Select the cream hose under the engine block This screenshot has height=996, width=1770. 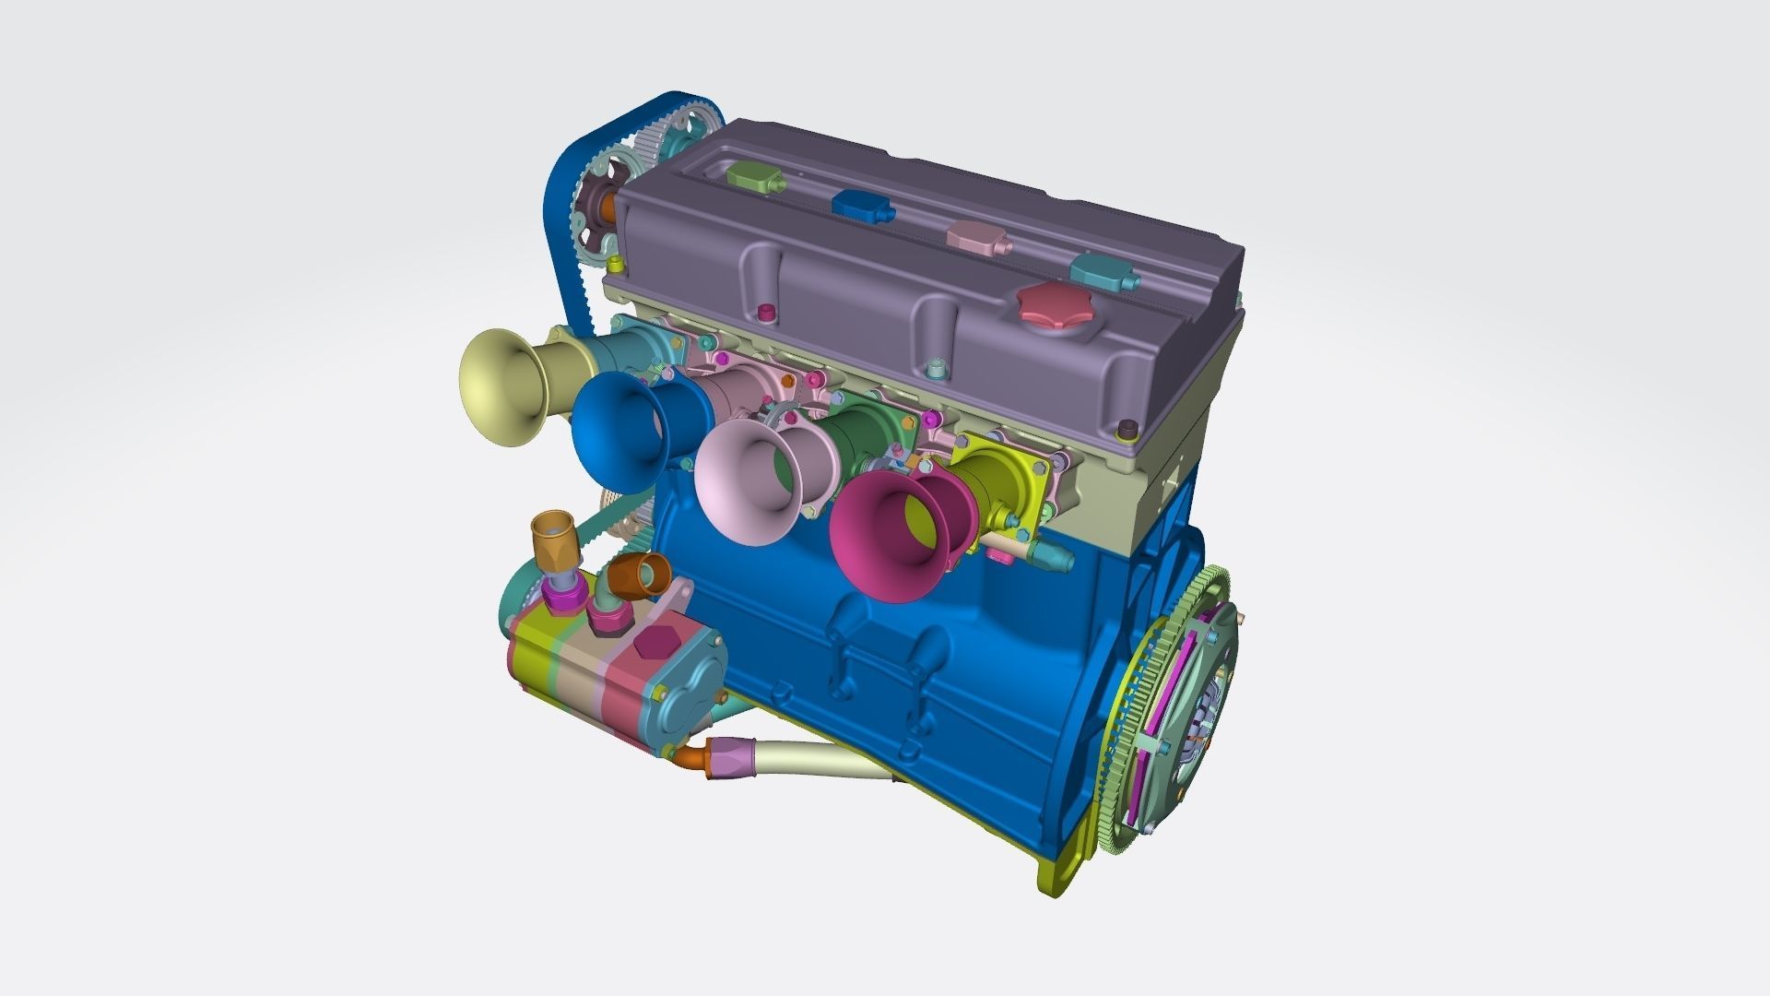[811, 758]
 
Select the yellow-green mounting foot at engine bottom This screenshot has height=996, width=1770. [1060, 876]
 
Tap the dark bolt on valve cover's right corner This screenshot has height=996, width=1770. [1126, 430]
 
